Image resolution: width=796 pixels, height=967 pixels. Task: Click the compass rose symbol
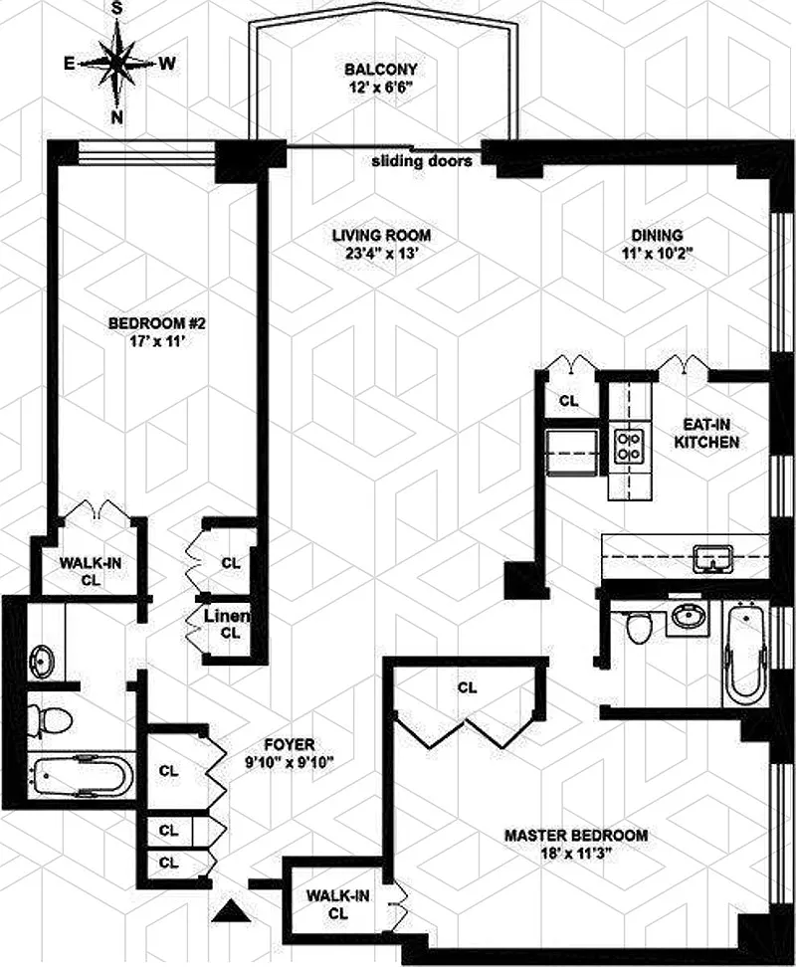tap(117, 63)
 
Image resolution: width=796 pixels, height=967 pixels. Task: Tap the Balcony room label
tap(380, 69)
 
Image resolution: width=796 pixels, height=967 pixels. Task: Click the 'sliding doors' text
tap(422, 161)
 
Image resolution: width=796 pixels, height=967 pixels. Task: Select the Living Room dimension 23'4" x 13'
tap(382, 253)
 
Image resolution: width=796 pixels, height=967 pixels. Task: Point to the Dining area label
tap(658, 235)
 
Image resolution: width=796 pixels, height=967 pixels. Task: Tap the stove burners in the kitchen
tap(630, 446)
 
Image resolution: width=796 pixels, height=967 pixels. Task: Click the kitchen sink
tap(712, 557)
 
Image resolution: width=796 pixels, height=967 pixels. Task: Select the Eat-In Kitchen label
tap(706, 434)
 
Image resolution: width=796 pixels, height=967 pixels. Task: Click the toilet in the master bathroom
tap(638, 628)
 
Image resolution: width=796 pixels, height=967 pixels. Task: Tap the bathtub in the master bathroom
tap(745, 653)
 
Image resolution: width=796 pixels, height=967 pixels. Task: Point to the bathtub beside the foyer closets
tap(82, 775)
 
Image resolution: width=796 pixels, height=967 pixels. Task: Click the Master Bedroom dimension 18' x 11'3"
tap(576, 854)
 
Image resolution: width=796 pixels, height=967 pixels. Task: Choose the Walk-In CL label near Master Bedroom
tap(338, 904)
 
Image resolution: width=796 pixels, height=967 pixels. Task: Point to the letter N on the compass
tap(116, 116)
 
